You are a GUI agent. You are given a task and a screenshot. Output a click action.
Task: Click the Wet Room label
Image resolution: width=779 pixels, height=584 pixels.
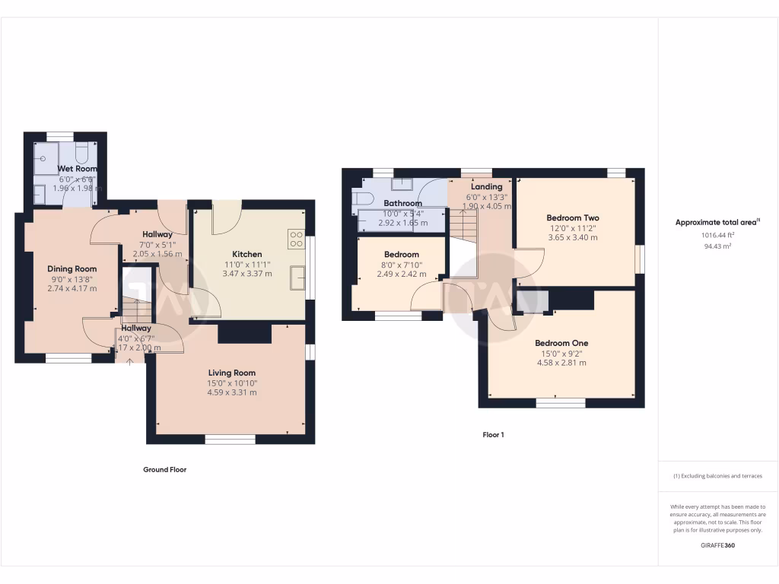[x=77, y=168]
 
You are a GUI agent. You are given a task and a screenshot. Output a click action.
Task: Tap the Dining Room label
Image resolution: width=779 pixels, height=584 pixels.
[x=72, y=268]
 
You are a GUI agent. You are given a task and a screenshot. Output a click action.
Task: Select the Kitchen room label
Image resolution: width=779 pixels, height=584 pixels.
[x=247, y=254]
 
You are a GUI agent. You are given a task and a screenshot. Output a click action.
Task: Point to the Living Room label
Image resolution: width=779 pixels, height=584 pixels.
[x=232, y=373]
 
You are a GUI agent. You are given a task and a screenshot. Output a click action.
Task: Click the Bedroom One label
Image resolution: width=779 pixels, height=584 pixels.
[x=561, y=343]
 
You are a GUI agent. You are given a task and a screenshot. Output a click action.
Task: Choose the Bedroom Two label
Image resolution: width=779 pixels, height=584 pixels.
[x=573, y=217]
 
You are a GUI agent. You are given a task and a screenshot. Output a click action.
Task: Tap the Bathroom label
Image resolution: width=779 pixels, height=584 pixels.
[x=402, y=204]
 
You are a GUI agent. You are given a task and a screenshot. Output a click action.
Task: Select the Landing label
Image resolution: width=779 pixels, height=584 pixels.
[x=487, y=186]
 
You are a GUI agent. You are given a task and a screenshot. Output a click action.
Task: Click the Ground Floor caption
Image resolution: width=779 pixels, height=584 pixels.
[x=165, y=469]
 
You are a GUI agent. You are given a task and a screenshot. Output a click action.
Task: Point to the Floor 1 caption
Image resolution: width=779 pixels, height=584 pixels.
[x=493, y=435]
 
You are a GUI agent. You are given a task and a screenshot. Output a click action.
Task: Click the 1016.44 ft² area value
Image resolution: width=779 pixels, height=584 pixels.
[x=718, y=235]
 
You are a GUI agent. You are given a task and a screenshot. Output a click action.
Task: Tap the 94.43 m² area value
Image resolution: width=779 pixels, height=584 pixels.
[x=718, y=246]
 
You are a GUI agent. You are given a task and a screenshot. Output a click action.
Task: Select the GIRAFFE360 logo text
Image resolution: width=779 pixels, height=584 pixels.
[x=718, y=545]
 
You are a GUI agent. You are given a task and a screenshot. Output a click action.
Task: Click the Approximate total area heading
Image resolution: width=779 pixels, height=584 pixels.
[x=717, y=222]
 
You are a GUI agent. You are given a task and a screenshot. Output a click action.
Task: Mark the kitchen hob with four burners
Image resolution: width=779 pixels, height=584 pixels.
[x=296, y=240]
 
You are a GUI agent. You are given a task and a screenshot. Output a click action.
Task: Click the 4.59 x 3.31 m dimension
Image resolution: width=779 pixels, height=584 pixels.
[x=232, y=392]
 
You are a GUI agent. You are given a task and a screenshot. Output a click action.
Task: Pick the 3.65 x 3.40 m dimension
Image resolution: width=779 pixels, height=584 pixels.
[x=573, y=237]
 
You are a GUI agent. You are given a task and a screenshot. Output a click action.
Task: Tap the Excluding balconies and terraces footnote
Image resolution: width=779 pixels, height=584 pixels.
[x=718, y=476]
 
